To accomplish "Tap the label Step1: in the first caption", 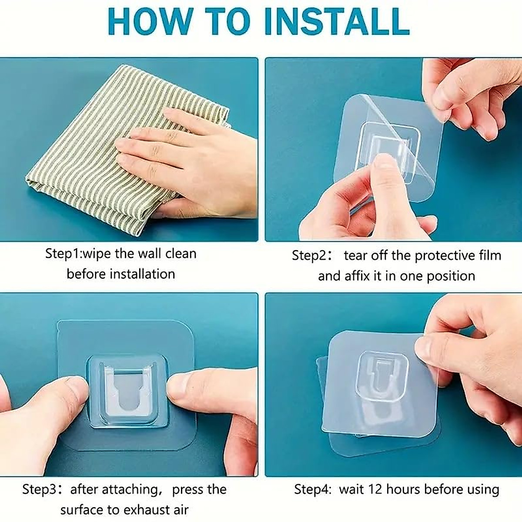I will pos(64,254).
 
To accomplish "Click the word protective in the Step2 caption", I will pos(441,255).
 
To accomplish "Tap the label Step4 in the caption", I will pos(311,489).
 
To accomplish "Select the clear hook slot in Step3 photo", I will pos(127,394).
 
